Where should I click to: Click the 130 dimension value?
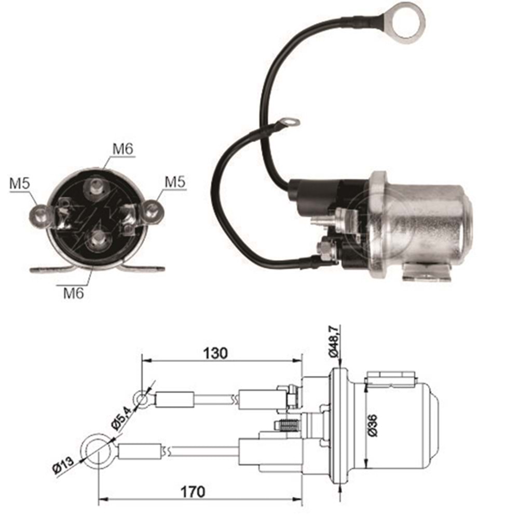click(215, 353)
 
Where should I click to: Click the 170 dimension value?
click(193, 492)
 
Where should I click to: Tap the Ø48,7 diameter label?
click(334, 341)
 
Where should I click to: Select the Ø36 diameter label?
click(372, 426)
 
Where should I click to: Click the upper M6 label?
click(123, 149)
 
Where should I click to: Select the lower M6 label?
click(74, 293)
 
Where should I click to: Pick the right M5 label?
click(175, 182)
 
